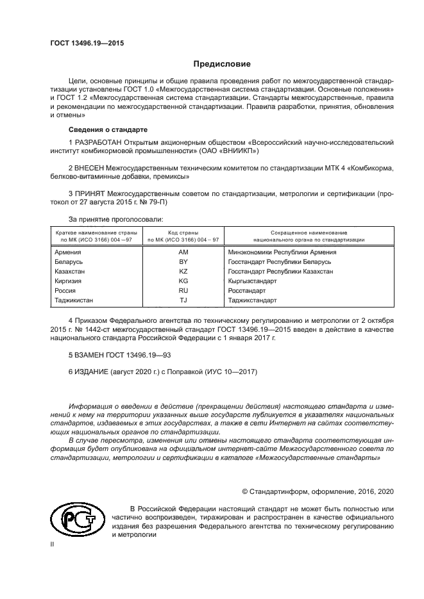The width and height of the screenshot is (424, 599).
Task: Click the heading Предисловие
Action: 222,64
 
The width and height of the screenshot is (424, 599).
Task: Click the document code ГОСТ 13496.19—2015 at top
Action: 87,43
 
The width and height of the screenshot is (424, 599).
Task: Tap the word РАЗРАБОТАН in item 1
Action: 97,142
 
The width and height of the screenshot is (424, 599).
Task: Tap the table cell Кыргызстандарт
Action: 252,281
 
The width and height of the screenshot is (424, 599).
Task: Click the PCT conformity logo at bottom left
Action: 78,518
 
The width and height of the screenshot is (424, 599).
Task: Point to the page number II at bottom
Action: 53,544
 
